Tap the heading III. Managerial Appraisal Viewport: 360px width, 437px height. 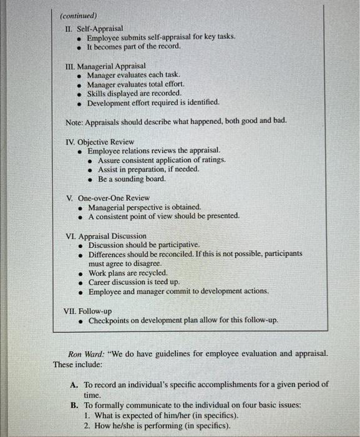pyautogui.click(x=105, y=65)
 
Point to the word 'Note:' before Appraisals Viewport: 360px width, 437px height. pyautogui.click(x=77, y=120)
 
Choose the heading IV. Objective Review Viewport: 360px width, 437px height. pyautogui.click(x=100, y=142)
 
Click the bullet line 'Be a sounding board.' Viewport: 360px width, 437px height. pyautogui.click(x=132, y=179)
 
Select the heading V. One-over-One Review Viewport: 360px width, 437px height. pyautogui.click(x=107, y=198)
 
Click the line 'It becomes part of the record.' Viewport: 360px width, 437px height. pyautogui.click(x=134, y=46)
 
